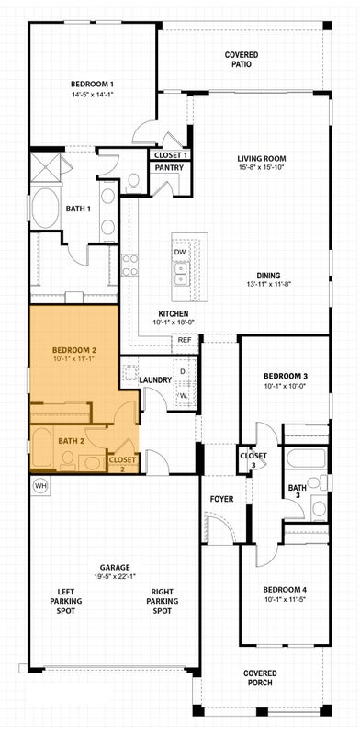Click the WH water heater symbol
coord(40,486)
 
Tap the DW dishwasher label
coord(180,252)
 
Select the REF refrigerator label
coord(183,338)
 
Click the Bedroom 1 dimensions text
coord(93,95)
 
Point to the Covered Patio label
coord(242,60)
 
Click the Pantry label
coord(169,168)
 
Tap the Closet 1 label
coord(171,154)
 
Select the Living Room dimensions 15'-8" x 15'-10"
coord(261,167)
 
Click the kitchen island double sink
coord(180,274)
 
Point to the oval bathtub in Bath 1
coord(46,209)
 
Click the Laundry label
coord(155,380)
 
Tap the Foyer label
coord(221,499)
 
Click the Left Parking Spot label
coord(70,603)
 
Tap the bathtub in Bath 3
coord(306,458)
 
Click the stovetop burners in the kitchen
coord(129,265)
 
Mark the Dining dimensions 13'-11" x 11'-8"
coord(265,284)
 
